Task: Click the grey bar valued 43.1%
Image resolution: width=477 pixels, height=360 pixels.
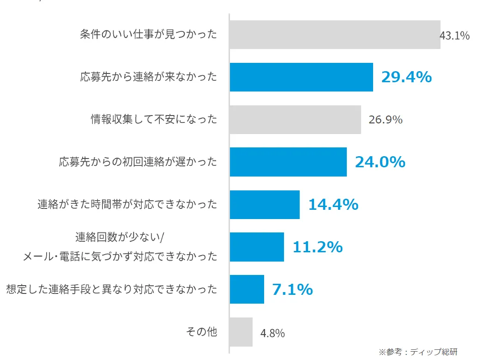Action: (x=335, y=35)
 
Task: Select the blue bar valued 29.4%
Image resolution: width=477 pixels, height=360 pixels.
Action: (x=301, y=77)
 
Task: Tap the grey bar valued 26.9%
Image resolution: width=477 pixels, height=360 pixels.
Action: (x=295, y=120)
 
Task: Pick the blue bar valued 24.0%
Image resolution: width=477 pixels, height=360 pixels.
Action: (x=288, y=162)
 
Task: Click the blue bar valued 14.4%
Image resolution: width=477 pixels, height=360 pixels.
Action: (x=265, y=205)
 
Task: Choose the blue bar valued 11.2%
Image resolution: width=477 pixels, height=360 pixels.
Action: (x=257, y=247)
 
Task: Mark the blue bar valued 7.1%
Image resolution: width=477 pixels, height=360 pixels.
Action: (x=247, y=289)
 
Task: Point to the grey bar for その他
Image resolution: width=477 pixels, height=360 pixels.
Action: (x=241, y=332)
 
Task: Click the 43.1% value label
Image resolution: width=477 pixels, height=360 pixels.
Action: (x=455, y=36)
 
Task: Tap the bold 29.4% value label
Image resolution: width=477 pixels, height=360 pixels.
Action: (x=406, y=77)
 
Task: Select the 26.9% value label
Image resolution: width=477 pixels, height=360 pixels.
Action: (x=386, y=120)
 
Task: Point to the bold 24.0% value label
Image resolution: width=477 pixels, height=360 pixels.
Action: (x=380, y=162)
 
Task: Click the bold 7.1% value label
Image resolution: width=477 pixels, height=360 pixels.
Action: (x=292, y=290)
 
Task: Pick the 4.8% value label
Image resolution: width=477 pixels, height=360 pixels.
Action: (x=272, y=333)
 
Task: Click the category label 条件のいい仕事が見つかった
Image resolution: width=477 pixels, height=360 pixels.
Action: (x=148, y=35)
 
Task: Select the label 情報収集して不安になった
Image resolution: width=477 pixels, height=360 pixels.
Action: (x=154, y=120)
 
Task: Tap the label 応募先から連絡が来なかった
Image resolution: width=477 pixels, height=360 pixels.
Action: (x=148, y=77)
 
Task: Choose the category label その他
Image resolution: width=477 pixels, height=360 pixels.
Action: (x=201, y=332)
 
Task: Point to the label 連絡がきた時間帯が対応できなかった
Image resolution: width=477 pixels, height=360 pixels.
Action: (x=127, y=205)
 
